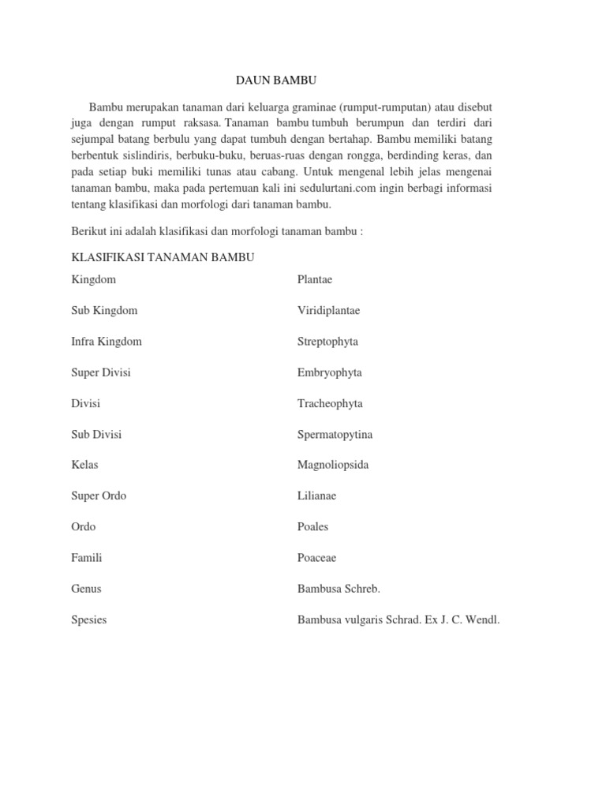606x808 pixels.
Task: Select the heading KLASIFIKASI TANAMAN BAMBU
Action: coord(163,257)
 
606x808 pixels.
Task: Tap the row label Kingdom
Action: coord(93,279)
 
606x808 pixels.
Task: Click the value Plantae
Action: coord(315,279)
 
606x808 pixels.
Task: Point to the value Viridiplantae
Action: coord(328,311)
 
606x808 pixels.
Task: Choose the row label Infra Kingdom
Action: coord(107,342)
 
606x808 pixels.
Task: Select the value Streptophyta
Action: coord(327,342)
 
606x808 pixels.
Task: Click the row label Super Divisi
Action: coord(101,372)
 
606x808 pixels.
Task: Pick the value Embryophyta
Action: coord(329,372)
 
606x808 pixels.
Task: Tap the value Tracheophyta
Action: coord(330,403)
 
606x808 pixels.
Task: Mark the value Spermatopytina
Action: coord(335,434)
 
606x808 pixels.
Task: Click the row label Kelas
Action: coord(84,465)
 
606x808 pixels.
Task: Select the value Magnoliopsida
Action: coord(333,465)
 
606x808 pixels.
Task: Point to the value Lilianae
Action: coord(316,496)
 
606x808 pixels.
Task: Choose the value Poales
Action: coord(312,526)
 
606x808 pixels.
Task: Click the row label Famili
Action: coord(87,558)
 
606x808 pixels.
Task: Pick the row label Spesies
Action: coord(89,619)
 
